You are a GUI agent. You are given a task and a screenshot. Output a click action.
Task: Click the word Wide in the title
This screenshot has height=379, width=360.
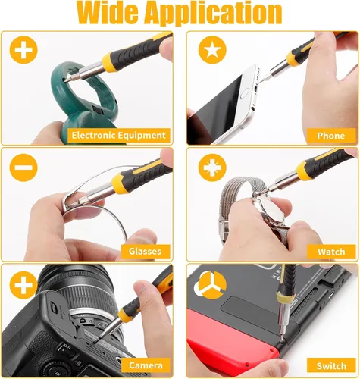coord(108,13)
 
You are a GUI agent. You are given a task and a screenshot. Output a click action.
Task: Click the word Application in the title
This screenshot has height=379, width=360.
coord(214,14)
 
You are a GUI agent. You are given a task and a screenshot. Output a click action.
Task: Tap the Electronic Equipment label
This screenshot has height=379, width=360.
coord(119,136)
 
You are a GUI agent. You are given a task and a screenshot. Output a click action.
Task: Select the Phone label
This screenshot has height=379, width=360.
coord(331,136)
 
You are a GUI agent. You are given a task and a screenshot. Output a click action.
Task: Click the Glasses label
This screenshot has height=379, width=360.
coord(145,252)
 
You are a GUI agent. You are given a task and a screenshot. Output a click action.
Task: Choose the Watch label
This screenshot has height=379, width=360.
coord(331,252)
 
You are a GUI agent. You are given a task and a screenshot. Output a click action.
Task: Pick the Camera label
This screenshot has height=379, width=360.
coord(146,365)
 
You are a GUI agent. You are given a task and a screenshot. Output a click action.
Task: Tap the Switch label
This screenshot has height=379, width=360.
coord(331,366)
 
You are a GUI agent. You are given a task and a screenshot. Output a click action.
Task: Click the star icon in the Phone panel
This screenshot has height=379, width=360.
coord(212,50)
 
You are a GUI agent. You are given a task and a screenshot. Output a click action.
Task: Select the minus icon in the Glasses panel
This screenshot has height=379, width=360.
coord(23,168)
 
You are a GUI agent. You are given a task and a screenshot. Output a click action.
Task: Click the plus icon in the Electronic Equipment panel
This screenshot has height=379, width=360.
coord(23,50)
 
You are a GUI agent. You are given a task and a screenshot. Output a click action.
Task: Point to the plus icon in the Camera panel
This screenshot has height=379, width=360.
coord(23,285)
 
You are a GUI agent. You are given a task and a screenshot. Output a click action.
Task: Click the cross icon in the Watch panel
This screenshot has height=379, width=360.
coord(212,168)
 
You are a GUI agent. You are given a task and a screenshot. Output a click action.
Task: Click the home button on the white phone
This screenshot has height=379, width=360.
coord(245,96)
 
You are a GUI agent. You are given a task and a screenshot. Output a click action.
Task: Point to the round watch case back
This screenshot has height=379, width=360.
coord(272,210)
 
